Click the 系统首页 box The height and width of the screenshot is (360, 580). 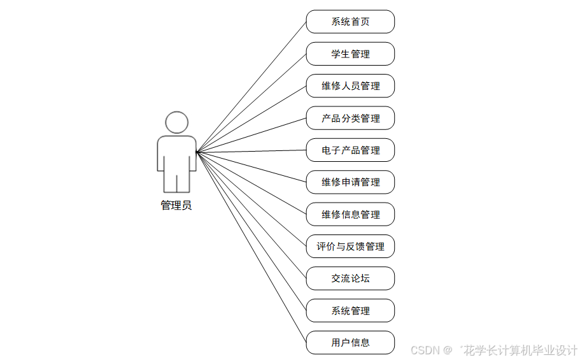coord(350,22)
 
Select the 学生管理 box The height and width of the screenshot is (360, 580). coord(350,54)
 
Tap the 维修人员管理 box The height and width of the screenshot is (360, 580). coord(350,86)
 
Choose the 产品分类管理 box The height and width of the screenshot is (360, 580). coord(350,119)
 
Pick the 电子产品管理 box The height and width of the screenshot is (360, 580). coord(350,150)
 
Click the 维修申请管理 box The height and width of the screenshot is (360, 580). coord(350,182)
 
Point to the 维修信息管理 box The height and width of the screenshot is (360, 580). coord(350,215)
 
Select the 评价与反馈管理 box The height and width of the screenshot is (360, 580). coord(350,247)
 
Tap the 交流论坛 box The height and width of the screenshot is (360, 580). coord(350,278)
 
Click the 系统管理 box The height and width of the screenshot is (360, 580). coord(350,311)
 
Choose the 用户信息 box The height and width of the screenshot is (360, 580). coord(350,343)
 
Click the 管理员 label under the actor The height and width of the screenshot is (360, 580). coord(176,206)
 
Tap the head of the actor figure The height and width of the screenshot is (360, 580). coord(176,122)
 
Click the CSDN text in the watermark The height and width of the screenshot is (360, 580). coord(425,350)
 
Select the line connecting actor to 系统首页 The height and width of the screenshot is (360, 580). coord(251,87)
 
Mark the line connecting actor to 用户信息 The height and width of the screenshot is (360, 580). coord(251,247)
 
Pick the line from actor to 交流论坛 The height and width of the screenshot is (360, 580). coord(251,215)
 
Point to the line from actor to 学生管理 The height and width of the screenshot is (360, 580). coord(251,103)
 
